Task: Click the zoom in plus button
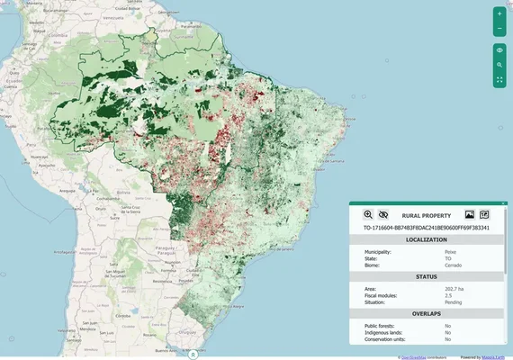pos(499,14)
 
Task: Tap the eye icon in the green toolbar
pos(499,50)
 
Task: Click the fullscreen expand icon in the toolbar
pos(499,80)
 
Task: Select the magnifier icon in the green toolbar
pos(499,66)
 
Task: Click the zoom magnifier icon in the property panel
pos(368,215)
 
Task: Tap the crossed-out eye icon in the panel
pos(383,215)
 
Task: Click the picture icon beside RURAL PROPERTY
pos(469,215)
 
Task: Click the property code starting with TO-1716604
pos(426,229)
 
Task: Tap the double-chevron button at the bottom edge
pos(193,355)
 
